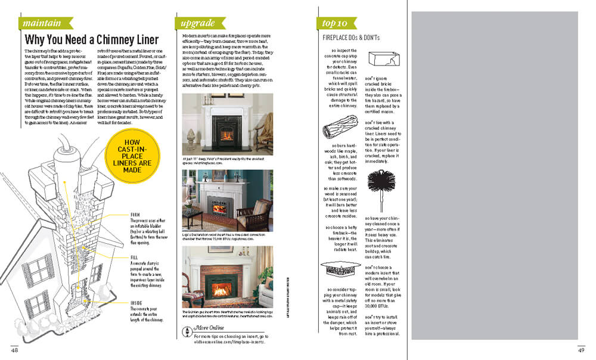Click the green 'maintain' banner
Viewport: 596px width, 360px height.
coord(42,23)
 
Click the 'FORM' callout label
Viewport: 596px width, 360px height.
coord(135,215)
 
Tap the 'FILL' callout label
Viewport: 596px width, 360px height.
coord(134,257)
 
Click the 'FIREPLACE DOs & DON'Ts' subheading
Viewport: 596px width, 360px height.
coord(351,38)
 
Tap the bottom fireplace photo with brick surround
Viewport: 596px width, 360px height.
coord(227,277)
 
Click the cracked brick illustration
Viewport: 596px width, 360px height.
coord(381,60)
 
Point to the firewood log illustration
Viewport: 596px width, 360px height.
coord(339,130)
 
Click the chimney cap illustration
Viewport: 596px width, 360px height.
coord(341,271)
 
